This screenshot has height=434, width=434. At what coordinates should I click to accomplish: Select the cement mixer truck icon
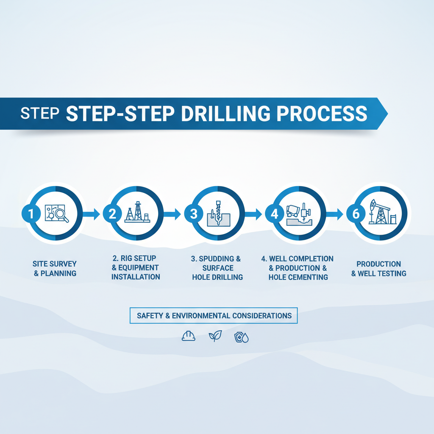294,210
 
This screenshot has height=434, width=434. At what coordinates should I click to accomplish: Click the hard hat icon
188,337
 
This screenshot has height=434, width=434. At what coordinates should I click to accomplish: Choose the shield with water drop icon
241,337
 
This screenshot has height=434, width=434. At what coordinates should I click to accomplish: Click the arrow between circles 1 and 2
91,214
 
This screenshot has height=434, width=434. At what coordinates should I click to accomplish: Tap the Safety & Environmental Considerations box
214,316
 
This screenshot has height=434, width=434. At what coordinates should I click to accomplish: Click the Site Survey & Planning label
55,269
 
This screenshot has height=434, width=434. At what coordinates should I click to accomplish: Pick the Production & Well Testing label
378,269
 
